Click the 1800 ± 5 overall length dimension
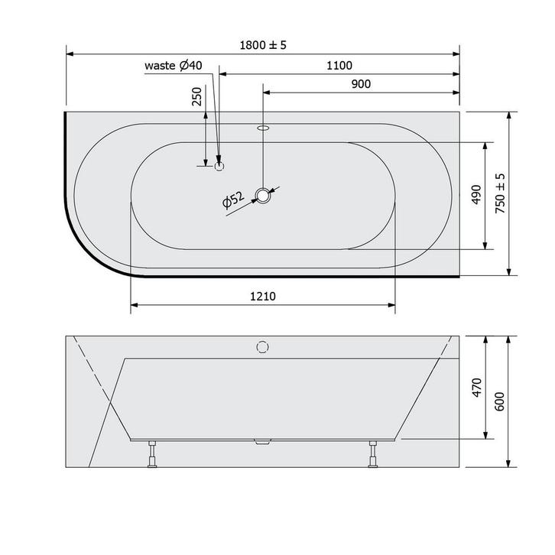(263, 45)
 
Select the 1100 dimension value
(339, 66)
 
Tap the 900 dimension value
(361, 84)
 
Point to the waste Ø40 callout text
(174, 66)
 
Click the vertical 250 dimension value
(196, 96)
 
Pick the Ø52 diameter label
(233, 200)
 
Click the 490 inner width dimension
(477, 194)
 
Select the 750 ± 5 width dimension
(500, 193)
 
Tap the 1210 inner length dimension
(263, 296)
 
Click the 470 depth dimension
(477, 388)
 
